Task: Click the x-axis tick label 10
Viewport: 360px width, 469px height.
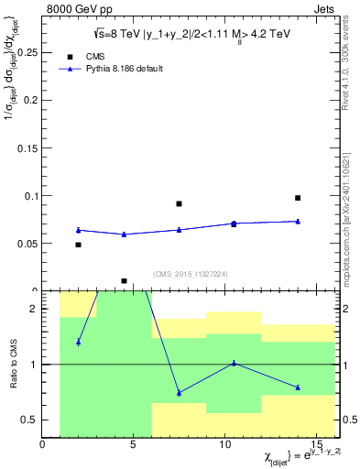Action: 226,446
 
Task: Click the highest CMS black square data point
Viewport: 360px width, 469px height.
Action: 298,198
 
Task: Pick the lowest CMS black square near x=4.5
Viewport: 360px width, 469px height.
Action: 124,281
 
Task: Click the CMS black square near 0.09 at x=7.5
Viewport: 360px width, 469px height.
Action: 179,203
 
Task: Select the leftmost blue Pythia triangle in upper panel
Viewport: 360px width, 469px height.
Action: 79,230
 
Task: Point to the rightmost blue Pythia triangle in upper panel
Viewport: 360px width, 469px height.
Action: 298,221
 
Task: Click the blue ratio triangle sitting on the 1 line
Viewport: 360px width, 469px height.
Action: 234,363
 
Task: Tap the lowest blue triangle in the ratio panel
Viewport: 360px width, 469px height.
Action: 179,393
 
